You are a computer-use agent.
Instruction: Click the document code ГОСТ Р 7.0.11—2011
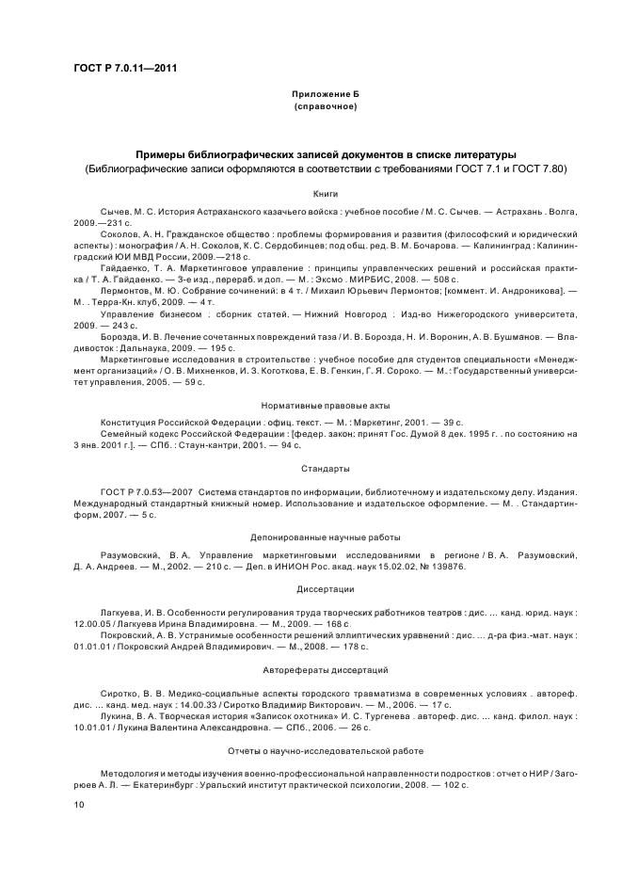124,68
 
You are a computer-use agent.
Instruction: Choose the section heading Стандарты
313,468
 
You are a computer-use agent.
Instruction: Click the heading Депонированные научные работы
313,536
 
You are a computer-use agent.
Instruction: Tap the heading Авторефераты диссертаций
313,669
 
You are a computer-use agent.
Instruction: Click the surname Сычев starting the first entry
116,214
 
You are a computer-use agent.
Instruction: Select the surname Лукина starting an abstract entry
116,714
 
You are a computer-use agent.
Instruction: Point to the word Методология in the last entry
131,773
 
